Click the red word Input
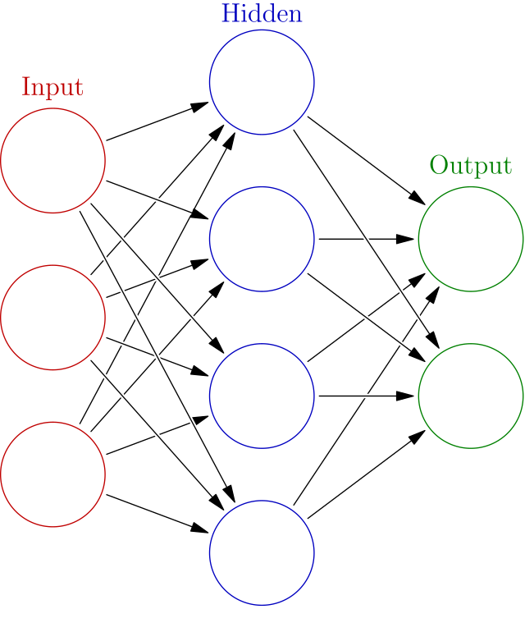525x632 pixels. point(52,87)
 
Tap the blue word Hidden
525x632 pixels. point(262,14)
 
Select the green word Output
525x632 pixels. point(471,166)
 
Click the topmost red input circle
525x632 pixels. point(53,160)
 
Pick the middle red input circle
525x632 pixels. point(53,317)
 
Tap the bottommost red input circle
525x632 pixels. point(53,474)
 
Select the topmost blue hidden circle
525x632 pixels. point(262,82)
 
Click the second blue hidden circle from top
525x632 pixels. point(262,239)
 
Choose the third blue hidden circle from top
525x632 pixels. point(262,396)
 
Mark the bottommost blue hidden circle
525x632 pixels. point(262,552)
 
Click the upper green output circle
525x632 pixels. point(471,239)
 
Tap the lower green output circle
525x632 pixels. point(471,396)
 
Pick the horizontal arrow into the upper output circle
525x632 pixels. point(367,239)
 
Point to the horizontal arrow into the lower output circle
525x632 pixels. point(367,396)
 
